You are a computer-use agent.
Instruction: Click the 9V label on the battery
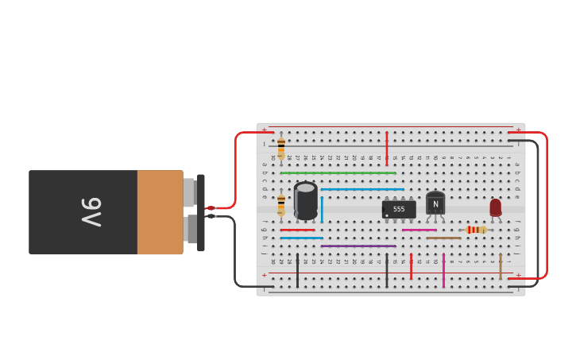tap(91, 212)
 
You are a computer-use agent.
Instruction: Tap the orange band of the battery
tap(160, 212)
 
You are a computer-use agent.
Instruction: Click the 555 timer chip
tap(399, 209)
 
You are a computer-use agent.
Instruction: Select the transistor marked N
tap(435, 203)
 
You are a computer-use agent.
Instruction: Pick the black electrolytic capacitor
tap(306, 200)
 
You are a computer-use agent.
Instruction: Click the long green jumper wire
tap(338, 173)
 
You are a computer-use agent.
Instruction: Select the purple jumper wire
tap(358, 246)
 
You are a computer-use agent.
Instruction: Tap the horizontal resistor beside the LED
tap(476, 230)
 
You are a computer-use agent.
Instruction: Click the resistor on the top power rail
tap(281, 147)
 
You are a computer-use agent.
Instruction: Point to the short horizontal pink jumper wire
tap(419, 230)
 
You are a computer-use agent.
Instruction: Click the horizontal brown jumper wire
tap(443, 238)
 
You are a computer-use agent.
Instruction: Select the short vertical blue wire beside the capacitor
tap(322, 209)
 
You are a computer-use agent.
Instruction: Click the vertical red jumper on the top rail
tap(387, 148)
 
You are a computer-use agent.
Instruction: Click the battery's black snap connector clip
tap(200, 212)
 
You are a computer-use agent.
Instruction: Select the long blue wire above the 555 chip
tap(361, 189)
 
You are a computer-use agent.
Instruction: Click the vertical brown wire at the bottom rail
tap(501, 266)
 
